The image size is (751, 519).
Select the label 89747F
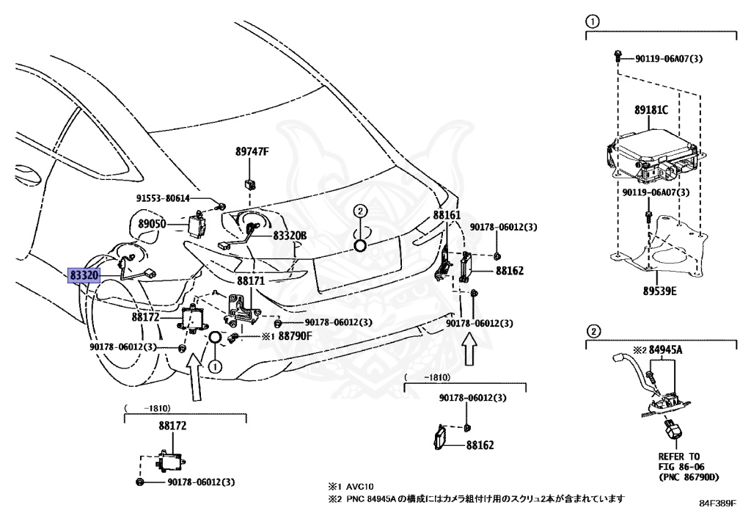coord(252,152)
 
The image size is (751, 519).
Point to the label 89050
coord(153,222)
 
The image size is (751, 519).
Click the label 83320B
coord(290,236)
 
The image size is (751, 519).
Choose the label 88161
coord(447,216)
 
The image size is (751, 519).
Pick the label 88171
coord(250,280)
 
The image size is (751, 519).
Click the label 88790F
coord(295,336)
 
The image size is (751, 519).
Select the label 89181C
coord(651,110)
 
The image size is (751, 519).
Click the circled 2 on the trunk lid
coord(360,211)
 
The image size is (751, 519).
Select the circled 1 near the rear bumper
coord(215,365)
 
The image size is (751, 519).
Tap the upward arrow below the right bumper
coord(469,351)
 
